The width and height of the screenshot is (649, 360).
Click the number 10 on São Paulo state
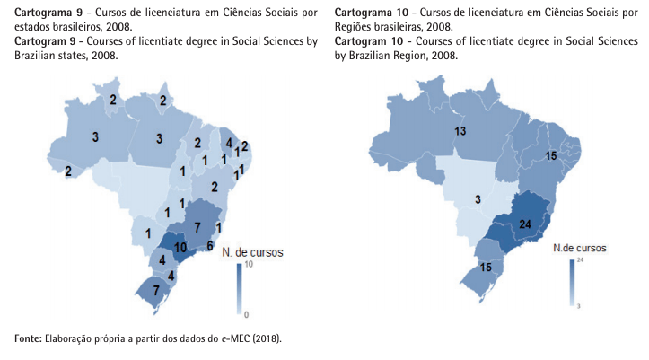tap(180, 247)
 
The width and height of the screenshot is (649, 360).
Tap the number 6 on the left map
tap(210, 245)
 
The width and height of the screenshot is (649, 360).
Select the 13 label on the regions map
tap(460, 132)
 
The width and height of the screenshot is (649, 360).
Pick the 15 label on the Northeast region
tap(551, 156)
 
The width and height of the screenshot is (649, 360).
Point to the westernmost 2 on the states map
tap(68, 171)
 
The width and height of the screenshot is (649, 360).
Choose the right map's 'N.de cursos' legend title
tap(579, 247)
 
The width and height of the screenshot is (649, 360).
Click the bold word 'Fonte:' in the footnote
tap(30, 338)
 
